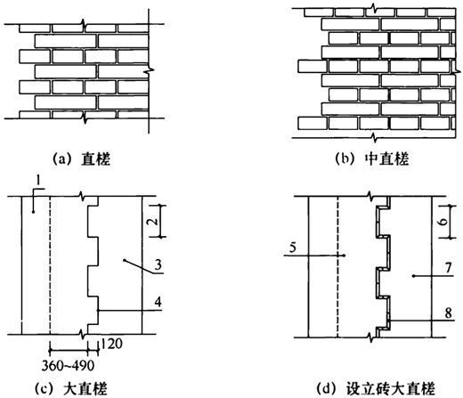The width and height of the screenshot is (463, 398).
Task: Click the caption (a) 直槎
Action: coord(82,159)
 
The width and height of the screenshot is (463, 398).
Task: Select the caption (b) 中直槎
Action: coord(372,158)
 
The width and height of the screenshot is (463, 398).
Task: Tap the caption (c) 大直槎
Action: coord(71,389)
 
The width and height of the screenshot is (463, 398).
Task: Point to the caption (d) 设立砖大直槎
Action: coord(377,389)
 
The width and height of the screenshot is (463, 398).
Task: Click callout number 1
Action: coord(37,180)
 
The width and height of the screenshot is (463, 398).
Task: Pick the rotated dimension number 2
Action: coord(152,221)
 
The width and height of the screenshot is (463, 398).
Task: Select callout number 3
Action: coord(158,264)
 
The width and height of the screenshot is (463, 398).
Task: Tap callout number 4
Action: coord(158,302)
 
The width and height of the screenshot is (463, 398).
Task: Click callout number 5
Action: coord(293,247)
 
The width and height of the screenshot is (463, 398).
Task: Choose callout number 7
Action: coord(448,268)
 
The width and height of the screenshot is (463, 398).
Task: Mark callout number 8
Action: coord(448,313)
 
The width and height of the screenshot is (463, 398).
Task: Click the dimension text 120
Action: coord(111,344)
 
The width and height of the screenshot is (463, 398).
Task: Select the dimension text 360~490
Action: coord(68,366)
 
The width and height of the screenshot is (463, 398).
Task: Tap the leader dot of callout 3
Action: coord(124,261)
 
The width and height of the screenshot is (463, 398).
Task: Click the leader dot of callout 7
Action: coord(413,276)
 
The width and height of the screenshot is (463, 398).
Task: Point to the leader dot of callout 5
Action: coord(344,256)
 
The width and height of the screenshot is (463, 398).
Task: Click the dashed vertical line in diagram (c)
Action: coord(50,265)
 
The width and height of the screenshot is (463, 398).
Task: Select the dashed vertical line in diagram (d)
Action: coord(337,267)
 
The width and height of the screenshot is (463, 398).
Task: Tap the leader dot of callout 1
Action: coord(33,212)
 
